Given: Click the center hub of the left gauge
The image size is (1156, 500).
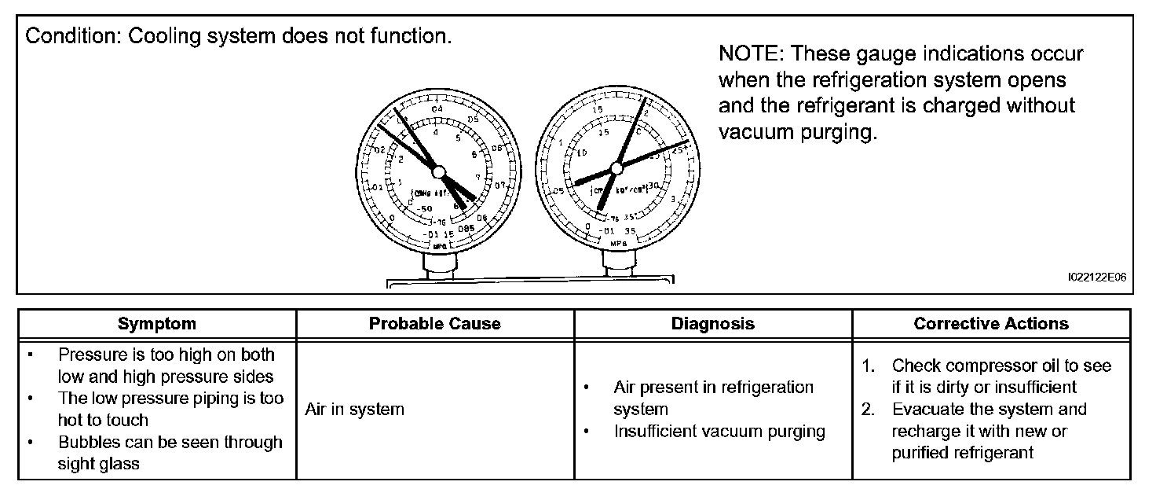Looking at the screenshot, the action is pos(438,171).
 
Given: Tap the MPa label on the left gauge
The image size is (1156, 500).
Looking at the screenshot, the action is pos(441,246).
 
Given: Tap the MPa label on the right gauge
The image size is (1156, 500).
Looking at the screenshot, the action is pos(618,244).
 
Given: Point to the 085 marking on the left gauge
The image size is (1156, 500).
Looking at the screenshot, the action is pos(467,230).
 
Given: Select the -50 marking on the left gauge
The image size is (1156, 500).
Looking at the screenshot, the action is pos(425,208).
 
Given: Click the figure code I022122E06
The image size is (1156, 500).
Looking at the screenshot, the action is pos(1097,278).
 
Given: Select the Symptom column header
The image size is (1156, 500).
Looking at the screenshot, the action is pos(157,324).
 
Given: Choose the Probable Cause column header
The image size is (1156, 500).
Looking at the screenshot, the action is pos(434,324).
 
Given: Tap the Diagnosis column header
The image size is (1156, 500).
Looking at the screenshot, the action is pos(712,324).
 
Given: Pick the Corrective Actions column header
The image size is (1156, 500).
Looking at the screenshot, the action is pos(991,324).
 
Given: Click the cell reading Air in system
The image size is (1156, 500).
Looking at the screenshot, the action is pos(354,410).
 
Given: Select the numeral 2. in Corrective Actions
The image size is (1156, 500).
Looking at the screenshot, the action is pos(869,409).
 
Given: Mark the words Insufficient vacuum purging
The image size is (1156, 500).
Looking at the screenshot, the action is pos(719,431).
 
